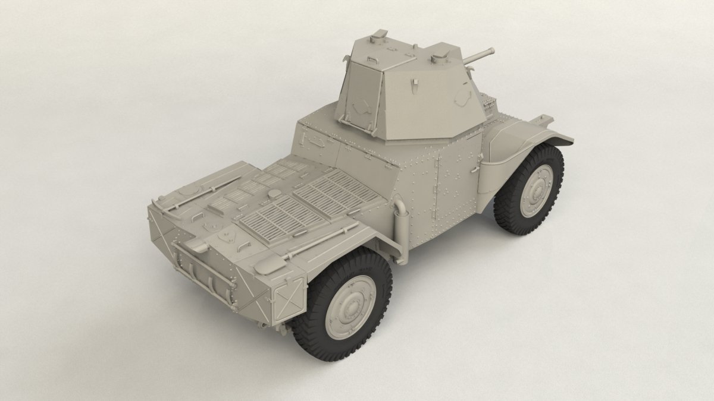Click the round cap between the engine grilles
pyautogui.click(x=274, y=194)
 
